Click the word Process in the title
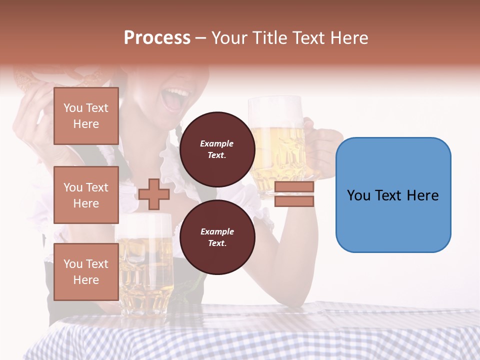(157, 38)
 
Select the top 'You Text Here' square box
(86, 116)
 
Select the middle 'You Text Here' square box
(86, 195)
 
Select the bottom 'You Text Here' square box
(86, 272)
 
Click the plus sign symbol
(153, 194)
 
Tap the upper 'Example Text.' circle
(217, 149)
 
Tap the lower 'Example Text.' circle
(217, 237)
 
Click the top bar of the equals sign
(294, 187)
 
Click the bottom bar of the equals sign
(294, 201)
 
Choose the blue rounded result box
(393, 195)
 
